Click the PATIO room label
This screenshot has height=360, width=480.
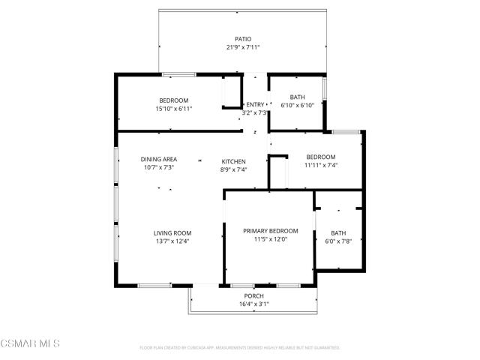click(242, 39)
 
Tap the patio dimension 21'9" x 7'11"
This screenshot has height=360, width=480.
click(242, 48)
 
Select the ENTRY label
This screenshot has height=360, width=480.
click(256, 104)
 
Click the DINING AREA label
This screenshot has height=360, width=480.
click(159, 159)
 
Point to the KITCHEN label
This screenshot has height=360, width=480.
click(233, 161)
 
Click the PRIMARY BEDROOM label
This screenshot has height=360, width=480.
click(270, 231)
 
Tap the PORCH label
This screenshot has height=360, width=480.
click(253, 295)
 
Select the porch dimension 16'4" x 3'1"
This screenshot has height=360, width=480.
click(253, 304)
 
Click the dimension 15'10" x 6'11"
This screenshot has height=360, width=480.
click(173, 109)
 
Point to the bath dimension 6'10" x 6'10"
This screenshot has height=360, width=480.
click(297, 106)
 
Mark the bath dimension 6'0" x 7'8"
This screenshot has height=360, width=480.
click(338, 241)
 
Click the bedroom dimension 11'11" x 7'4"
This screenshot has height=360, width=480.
click(320, 165)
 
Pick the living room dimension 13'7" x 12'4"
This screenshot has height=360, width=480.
click(172, 241)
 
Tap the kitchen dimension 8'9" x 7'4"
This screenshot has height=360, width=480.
click(233, 170)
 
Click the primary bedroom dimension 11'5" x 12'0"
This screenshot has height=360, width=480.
click(270, 240)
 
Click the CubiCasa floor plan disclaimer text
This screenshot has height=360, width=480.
click(240, 348)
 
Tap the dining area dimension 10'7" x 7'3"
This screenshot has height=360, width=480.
click(159, 168)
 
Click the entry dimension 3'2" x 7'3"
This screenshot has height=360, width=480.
click(256, 113)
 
